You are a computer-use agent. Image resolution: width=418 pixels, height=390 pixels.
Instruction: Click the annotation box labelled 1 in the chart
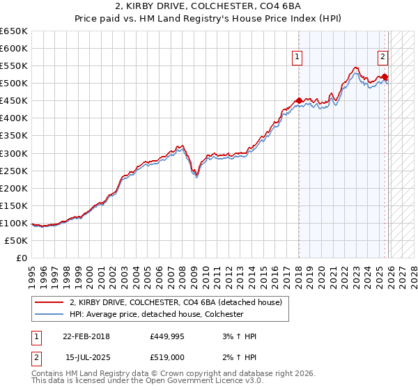[x=297, y=57]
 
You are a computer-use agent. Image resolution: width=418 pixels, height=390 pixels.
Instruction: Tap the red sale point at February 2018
[x=299, y=101]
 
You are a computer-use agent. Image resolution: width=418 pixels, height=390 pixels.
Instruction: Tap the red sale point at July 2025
[x=385, y=77]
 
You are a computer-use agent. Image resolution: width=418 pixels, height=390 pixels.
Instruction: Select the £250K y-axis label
[x=14, y=171]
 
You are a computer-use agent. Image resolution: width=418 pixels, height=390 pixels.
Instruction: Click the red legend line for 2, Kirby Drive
[x=50, y=302]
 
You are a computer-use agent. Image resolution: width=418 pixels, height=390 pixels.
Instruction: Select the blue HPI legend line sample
[x=50, y=314]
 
